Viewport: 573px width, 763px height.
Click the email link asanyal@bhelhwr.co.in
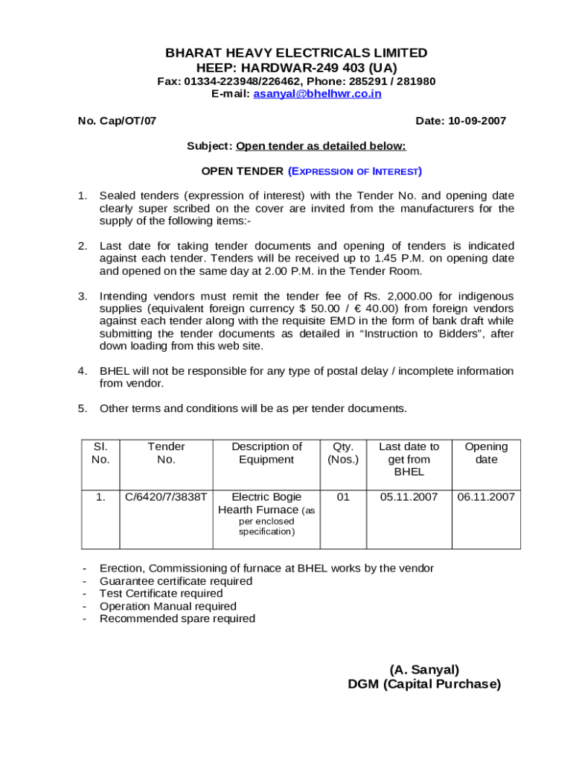(317, 94)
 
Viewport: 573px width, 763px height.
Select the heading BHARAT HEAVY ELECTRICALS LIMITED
(296, 53)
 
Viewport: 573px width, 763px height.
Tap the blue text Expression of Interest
(355, 171)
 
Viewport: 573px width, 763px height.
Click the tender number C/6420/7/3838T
(166, 496)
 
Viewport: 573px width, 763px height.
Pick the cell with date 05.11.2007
(409, 496)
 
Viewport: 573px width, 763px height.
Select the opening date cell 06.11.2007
(486, 496)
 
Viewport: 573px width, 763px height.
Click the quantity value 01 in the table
(342, 496)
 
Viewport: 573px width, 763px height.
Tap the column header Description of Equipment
(266, 453)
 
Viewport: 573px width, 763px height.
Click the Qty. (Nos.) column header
(342, 453)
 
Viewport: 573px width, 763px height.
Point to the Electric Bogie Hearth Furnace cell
(266, 504)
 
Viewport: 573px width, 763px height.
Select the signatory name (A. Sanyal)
(424, 670)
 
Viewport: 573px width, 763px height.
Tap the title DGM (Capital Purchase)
(424, 684)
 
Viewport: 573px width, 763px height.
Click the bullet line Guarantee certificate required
(176, 581)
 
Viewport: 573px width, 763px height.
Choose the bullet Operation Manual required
(168, 607)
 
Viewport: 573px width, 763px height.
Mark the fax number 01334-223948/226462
(240, 81)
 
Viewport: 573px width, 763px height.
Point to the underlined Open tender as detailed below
(321, 146)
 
